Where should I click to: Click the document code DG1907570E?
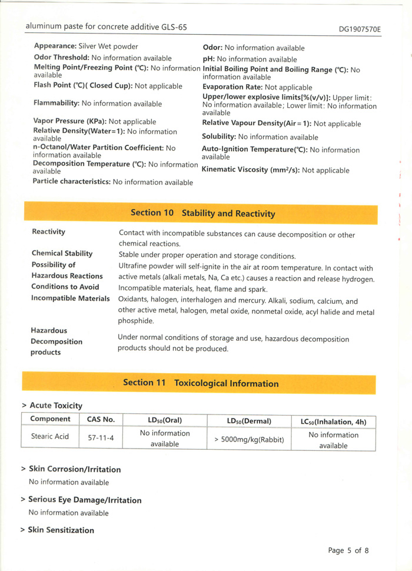click(x=360, y=29)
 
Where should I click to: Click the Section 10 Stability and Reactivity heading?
click(x=202, y=213)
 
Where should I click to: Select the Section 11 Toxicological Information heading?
click(x=201, y=383)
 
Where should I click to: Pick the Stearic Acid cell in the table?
click(x=50, y=436)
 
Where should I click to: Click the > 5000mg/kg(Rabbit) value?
click(x=249, y=439)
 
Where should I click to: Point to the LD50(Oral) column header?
click(x=164, y=420)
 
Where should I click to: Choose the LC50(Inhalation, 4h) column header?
click(x=333, y=421)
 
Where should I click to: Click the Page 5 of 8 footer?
click(x=348, y=550)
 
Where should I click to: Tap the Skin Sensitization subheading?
click(x=61, y=530)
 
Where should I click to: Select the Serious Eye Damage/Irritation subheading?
click(x=85, y=500)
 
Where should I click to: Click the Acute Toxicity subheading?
click(x=55, y=406)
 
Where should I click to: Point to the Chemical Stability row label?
click(x=62, y=254)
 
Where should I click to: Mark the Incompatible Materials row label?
click(x=70, y=298)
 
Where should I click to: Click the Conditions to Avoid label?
click(x=65, y=287)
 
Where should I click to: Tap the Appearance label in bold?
click(x=55, y=46)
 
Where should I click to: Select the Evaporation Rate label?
click(x=232, y=87)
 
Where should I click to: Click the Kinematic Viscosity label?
click(x=250, y=170)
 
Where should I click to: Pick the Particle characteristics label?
click(x=71, y=182)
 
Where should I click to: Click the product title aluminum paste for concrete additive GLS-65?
click(x=106, y=27)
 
